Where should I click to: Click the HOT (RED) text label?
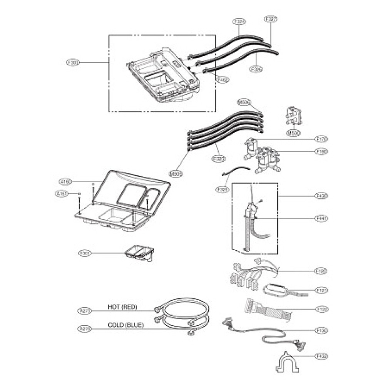pos(123,307)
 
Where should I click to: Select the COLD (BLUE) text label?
pos(126,325)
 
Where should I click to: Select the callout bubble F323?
pos(218,158)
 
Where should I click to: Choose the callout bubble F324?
pos(239,22)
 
